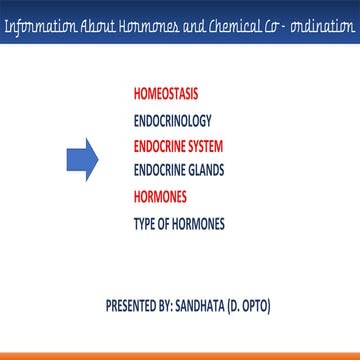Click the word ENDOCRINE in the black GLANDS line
coord(164,170)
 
